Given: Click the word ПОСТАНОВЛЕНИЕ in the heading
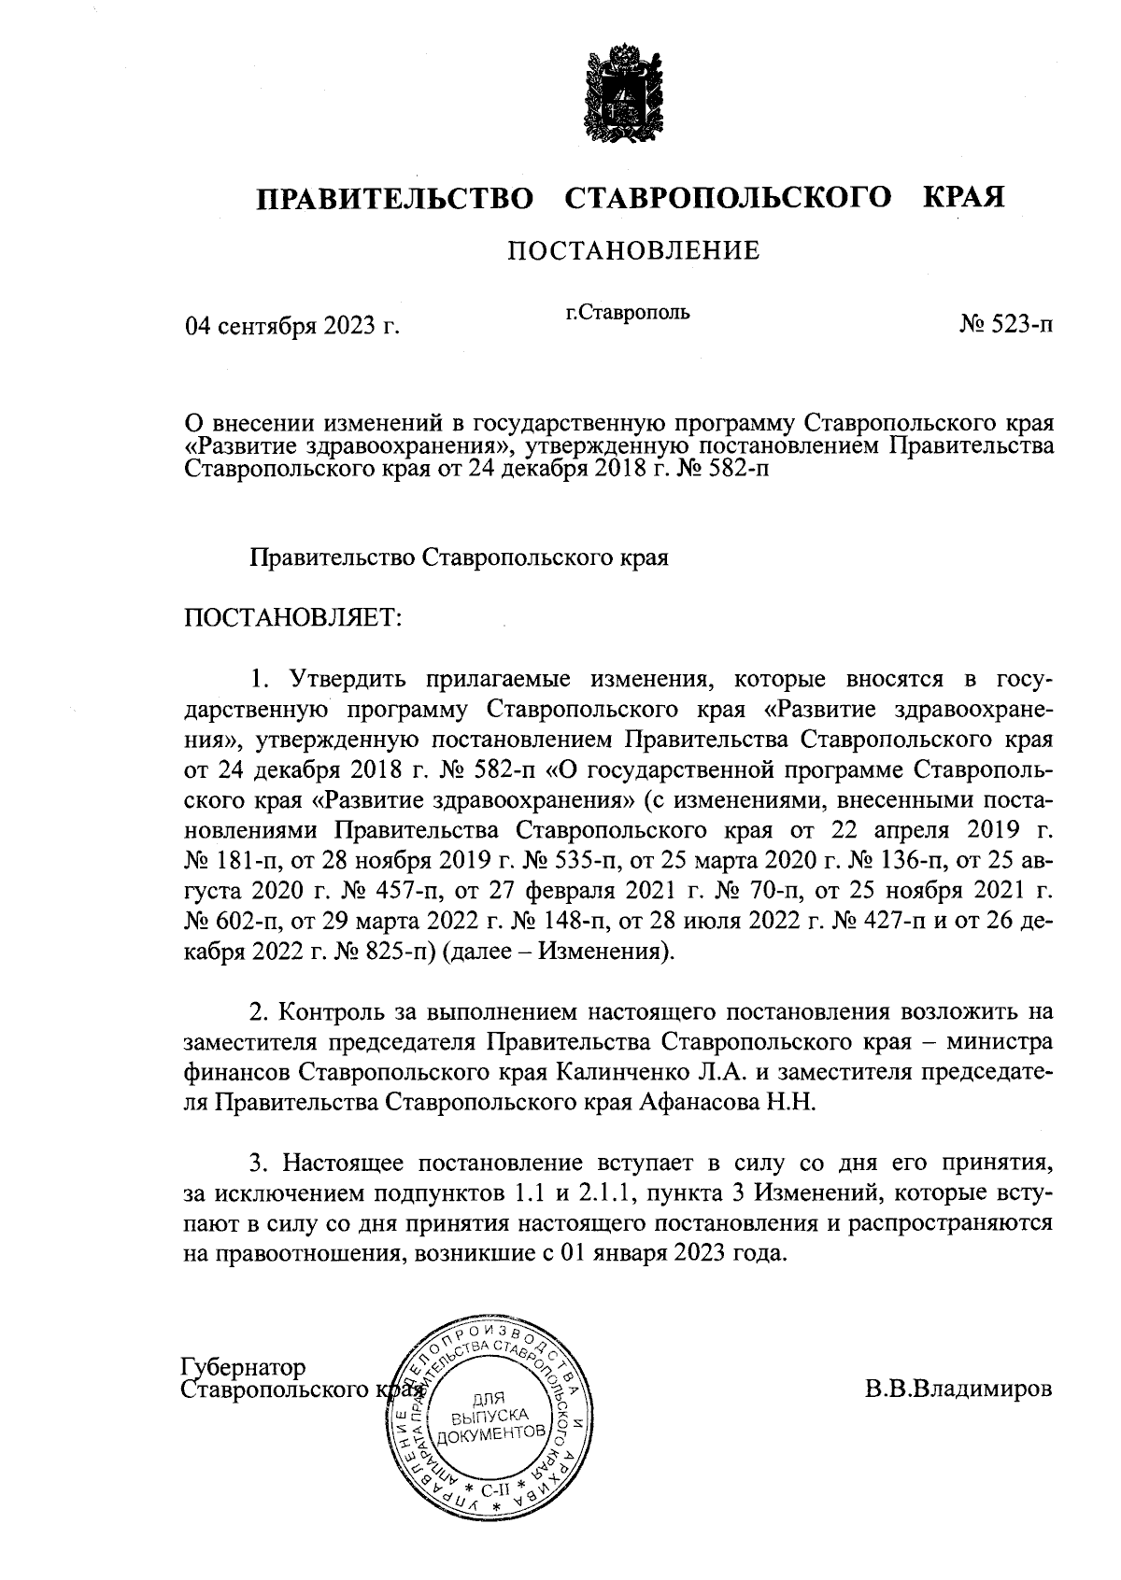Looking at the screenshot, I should [x=633, y=250].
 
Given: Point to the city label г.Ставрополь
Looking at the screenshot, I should [x=620, y=312].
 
